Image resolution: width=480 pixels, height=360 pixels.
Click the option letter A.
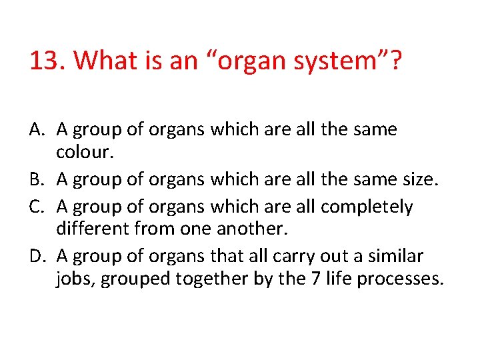click(x=37, y=129)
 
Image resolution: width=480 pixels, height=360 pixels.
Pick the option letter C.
click(x=37, y=207)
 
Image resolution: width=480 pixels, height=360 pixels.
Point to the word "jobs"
click(x=75, y=279)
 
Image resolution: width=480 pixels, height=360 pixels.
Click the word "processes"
click(x=400, y=279)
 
